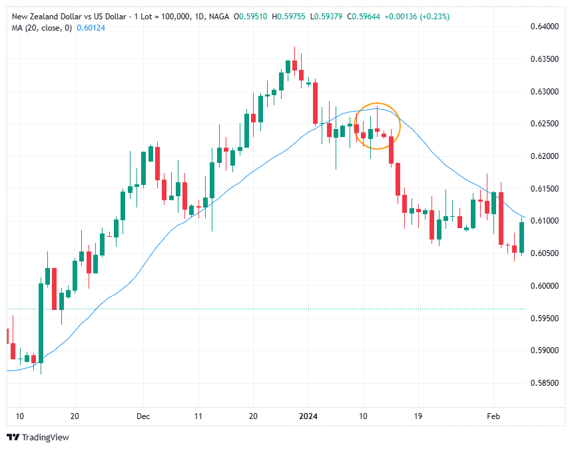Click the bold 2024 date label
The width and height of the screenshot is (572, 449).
[308, 416]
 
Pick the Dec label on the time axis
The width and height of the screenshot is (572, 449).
[143, 416]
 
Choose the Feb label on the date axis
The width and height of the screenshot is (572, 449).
[493, 416]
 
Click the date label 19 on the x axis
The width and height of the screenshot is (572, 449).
[418, 416]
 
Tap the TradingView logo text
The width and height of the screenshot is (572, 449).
[45, 437]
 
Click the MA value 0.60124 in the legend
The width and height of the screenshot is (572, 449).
[92, 27]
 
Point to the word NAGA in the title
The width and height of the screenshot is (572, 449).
[219, 17]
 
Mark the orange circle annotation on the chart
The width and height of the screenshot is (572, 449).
[377, 126]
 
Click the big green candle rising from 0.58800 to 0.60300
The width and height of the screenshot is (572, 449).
[41, 323]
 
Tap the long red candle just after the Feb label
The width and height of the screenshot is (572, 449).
[501, 220]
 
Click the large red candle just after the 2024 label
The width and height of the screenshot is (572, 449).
[315, 102]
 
